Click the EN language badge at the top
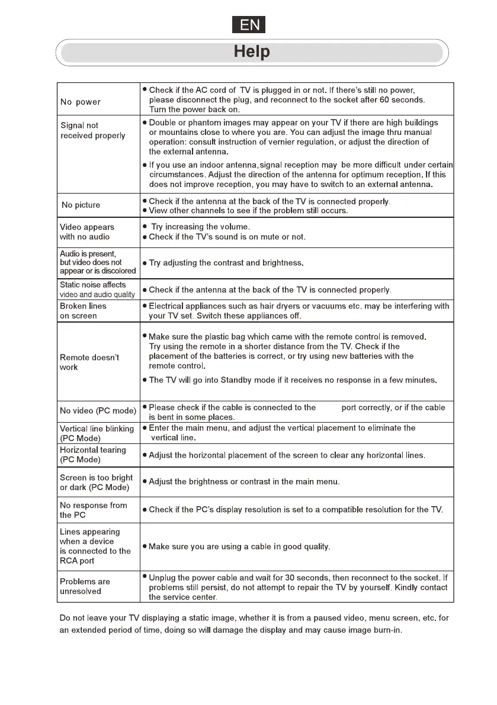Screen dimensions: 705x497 point(248,25)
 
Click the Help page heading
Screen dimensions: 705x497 point(252,52)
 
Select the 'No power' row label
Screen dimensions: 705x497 point(81,102)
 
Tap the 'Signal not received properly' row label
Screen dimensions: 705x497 point(93,130)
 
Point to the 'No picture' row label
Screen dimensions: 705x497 point(81,205)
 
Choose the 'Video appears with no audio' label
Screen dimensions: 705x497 point(87,231)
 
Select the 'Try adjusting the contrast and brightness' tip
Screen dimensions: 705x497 point(226,262)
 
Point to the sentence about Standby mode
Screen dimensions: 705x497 point(293,380)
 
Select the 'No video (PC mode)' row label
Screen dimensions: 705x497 point(98,411)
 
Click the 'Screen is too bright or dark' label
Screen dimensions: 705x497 point(96,482)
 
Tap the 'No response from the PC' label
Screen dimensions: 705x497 point(94,510)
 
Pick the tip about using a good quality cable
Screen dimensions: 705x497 point(239,546)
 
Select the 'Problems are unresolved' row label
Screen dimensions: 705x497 point(85,586)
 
